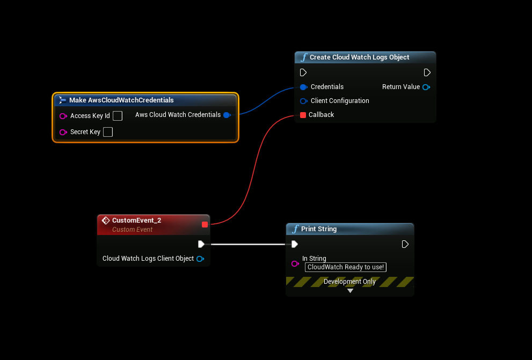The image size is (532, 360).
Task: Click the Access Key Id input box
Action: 118,116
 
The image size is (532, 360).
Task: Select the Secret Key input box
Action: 108,132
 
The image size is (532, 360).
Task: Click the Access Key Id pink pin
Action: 63,116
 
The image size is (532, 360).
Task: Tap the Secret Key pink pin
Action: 63,132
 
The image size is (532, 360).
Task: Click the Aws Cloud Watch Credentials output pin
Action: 227,115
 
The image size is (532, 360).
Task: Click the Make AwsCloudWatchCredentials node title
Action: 121,100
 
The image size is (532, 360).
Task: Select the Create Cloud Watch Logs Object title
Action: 359,57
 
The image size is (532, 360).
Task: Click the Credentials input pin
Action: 303,87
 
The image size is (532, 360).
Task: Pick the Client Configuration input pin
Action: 303,101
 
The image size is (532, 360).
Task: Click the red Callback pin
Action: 303,115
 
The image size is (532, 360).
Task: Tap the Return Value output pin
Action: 426,87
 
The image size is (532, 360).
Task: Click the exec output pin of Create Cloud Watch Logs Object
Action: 427,72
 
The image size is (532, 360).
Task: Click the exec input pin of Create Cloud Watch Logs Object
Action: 303,72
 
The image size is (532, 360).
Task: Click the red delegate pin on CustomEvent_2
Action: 205,224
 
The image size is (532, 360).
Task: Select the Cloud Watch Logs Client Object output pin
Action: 200,259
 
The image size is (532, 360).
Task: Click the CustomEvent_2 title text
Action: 136,221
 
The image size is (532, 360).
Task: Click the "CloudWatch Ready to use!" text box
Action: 346,267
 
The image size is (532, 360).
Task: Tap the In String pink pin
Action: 295,263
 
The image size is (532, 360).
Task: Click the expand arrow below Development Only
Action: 350,291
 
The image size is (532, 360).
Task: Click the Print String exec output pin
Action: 405,244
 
